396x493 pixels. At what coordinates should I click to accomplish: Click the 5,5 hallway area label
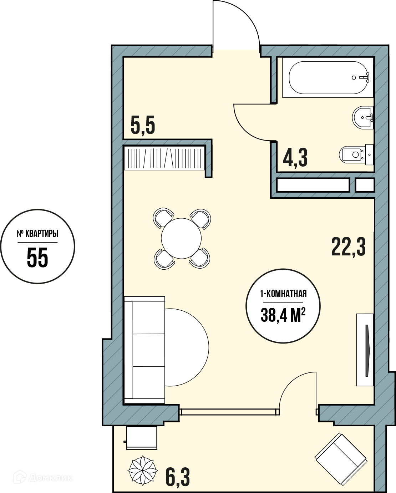coord(143,126)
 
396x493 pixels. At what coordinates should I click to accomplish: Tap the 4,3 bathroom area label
coord(295,158)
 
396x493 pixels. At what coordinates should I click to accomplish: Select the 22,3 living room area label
coord(348,247)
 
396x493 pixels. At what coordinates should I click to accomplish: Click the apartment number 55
coord(37,258)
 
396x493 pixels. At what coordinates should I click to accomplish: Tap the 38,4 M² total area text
coord(283,315)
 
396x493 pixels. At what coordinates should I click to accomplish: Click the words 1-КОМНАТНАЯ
coord(283,294)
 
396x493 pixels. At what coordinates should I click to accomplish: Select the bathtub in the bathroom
coord(329,78)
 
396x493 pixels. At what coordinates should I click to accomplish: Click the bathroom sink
coord(363,117)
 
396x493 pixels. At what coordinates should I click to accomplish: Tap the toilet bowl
coord(356,154)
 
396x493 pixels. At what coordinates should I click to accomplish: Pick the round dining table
coord(181,239)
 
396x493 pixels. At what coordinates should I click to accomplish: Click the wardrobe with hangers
coord(164,158)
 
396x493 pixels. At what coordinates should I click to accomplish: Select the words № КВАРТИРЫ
coord(37,234)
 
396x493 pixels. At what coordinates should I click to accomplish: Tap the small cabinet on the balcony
coord(142,438)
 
